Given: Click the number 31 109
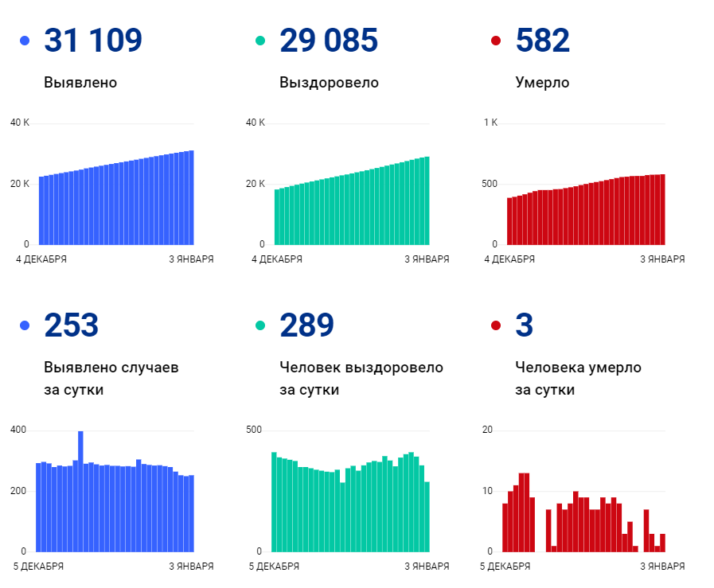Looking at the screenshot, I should pyautogui.click(x=93, y=41).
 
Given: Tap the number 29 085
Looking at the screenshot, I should pyautogui.click(x=329, y=41).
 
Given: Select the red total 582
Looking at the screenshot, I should pyautogui.click(x=543, y=41).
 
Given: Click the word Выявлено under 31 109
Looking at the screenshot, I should pyautogui.click(x=80, y=83).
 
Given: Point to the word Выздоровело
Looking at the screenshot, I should pyautogui.click(x=329, y=83).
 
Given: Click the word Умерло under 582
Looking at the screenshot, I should pyautogui.click(x=542, y=83).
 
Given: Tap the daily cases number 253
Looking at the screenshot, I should pyautogui.click(x=72, y=325).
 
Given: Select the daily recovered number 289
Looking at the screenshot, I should pyautogui.click(x=307, y=325).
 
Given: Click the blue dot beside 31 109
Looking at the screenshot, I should pyautogui.click(x=25, y=41).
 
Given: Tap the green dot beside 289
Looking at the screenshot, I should pyautogui.click(x=260, y=325).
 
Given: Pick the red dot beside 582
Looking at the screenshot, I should pyautogui.click(x=496, y=41).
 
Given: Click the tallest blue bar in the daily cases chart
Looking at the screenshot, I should pyautogui.click(x=80, y=490).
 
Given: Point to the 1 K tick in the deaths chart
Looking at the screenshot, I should pyautogui.click(x=490, y=123).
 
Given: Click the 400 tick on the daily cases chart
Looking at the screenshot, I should pyautogui.click(x=18, y=430).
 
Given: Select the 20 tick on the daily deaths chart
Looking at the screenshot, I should pyautogui.click(x=488, y=430).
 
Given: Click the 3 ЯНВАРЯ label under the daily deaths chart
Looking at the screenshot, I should pyautogui.click(x=662, y=567).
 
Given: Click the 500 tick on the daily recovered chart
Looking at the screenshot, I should pyautogui.click(x=254, y=430).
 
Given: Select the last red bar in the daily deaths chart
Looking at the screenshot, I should pyautogui.click(x=662, y=543).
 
